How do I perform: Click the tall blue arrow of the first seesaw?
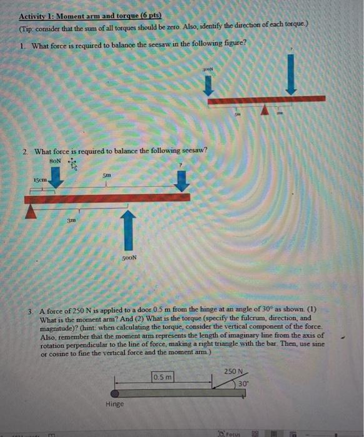point(291,74)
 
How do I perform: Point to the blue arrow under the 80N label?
point(56,180)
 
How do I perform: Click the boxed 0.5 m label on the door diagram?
point(163,376)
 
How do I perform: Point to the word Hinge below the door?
point(115,405)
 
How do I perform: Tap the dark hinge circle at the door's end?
point(116,393)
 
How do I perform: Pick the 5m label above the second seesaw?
point(108,176)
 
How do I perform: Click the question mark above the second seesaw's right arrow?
point(182,165)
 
